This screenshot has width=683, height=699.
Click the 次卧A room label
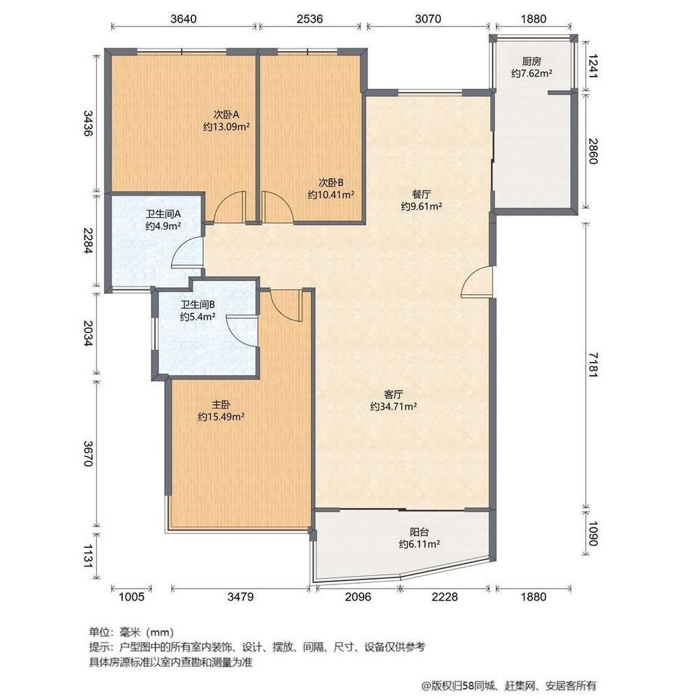pos(227,114)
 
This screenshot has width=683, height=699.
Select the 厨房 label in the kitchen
pos(532,61)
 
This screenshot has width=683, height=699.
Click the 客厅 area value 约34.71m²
pos(394,406)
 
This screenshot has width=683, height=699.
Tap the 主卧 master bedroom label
pos(221,405)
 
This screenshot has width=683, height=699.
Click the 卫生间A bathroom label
pos(163,214)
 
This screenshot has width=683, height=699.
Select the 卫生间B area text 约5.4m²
pos(198,317)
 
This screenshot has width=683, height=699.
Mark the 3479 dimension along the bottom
pos(240,596)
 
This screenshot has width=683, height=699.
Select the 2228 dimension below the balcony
pos(444,596)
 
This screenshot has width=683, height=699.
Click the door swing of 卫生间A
pos(187,253)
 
